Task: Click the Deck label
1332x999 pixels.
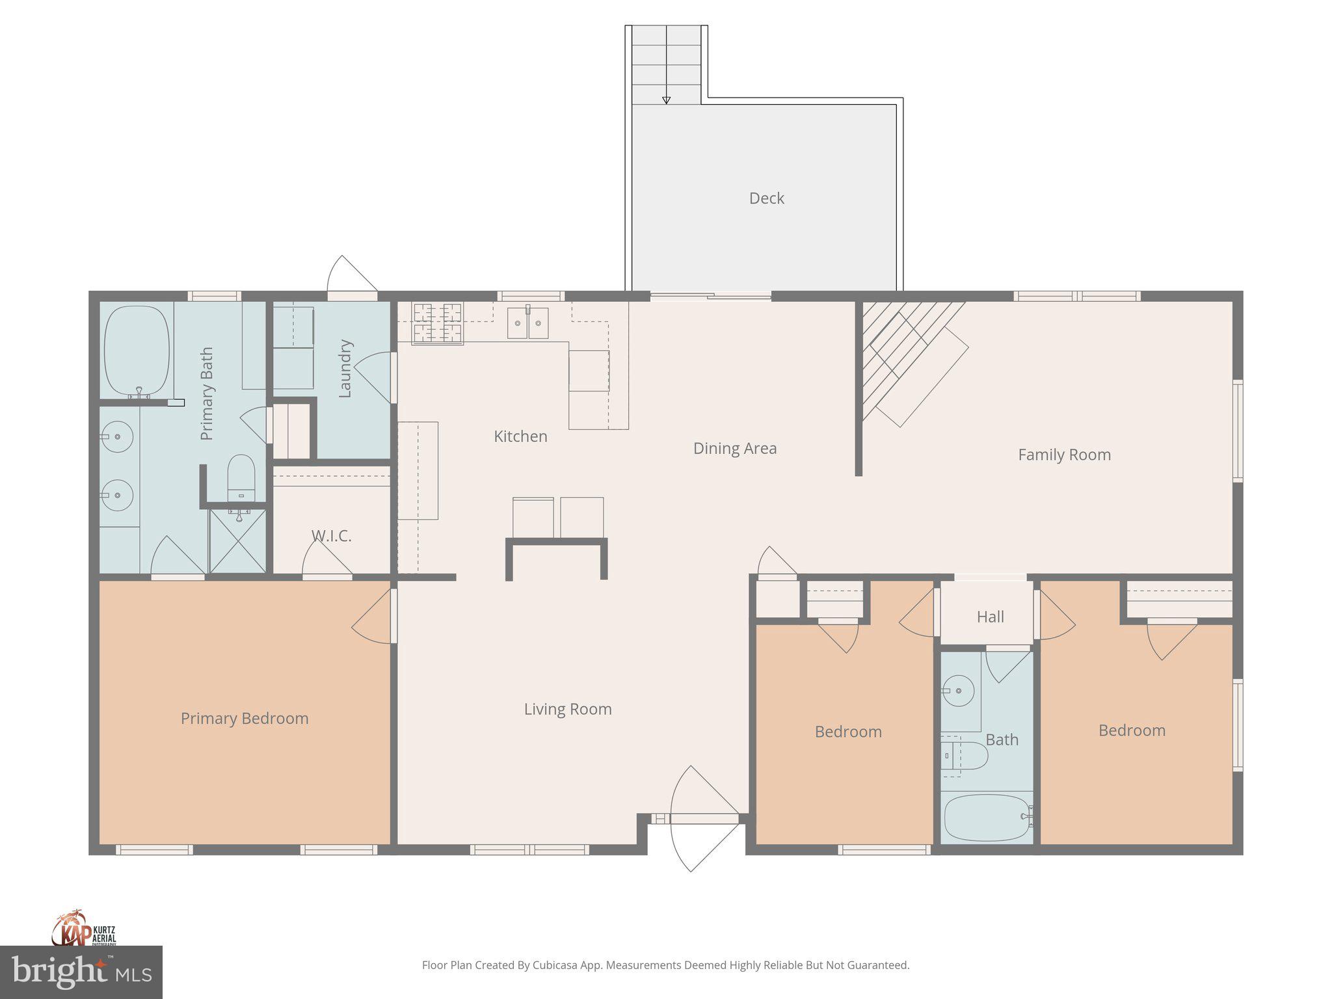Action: (766, 198)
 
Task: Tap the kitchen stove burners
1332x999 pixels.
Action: (438, 323)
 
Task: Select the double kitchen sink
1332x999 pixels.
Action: (527, 323)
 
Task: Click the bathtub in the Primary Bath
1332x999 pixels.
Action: (137, 351)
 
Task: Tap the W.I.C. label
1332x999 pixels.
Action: (331, 536)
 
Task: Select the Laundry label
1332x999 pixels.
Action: (345, 368)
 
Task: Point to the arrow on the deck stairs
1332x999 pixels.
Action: (666, 100)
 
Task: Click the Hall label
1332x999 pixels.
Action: (990, 617)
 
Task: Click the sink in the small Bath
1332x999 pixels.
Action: (959, 691)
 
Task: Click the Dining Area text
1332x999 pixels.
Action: (735, 448)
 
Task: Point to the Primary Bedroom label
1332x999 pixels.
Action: (245, 718)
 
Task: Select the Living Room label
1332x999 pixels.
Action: (568, 709)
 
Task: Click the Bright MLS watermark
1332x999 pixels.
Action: (81, 972)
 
